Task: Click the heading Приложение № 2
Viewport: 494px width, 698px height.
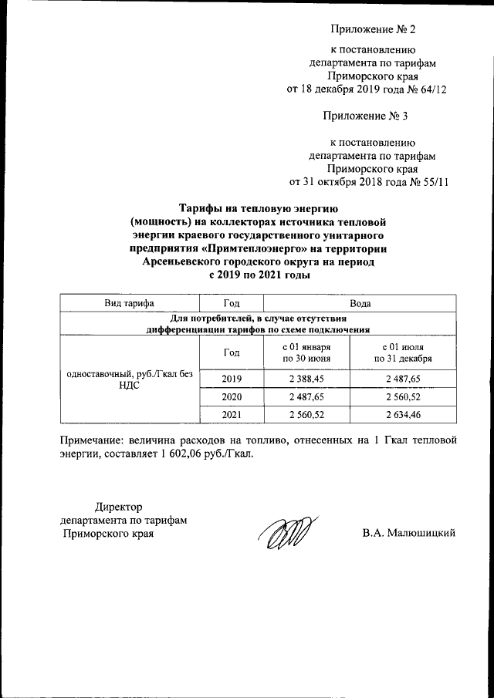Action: point(373,30)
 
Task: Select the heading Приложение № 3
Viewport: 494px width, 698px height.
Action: point(373,116)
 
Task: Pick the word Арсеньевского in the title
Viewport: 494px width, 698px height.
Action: point(179,261)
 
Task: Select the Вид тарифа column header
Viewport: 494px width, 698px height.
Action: point(130,303)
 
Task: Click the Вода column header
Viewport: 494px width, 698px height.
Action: point(360,303)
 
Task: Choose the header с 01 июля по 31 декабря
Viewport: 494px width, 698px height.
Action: point(403,352)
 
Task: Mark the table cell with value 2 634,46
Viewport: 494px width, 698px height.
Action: point(403,415)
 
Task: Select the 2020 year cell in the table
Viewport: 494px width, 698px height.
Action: point(232,396)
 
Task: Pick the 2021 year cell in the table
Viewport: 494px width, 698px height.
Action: point(232,415)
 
